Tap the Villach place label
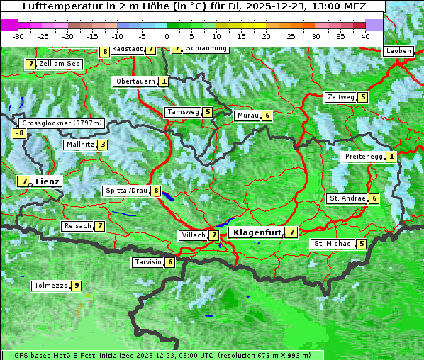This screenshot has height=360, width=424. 193,235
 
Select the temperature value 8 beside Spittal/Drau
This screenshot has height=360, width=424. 156,191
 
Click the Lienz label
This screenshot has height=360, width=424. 48,181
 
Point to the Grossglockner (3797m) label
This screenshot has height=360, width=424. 62,123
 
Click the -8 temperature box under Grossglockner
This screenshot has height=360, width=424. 20,133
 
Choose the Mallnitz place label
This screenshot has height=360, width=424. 79,145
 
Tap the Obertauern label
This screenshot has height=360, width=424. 135,81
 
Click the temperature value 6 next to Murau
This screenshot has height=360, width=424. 267,116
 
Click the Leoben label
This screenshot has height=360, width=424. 398,51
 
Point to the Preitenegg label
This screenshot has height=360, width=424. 364,157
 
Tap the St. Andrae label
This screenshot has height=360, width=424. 347,198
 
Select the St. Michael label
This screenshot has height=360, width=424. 333,244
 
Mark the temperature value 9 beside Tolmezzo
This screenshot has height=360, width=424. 77,286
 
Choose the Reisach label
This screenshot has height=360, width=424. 77,226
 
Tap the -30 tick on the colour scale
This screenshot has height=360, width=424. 19,35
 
